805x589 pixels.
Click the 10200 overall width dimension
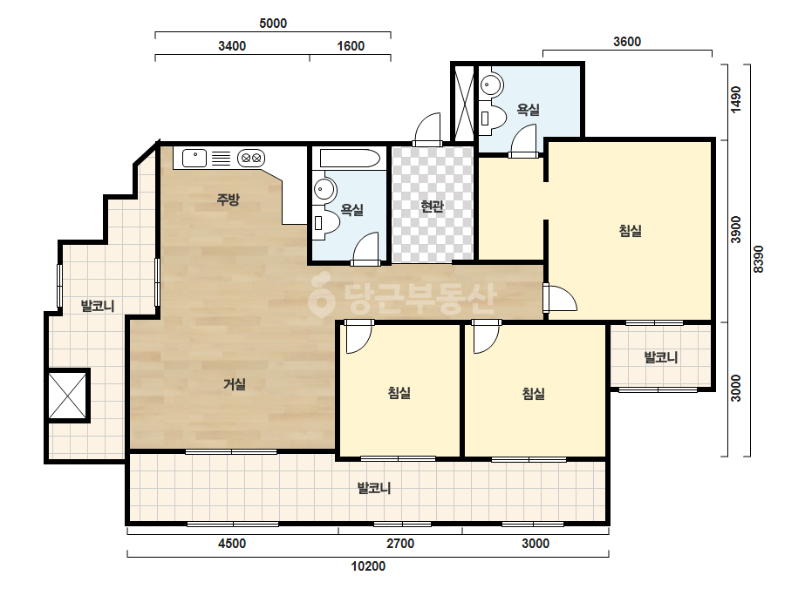click(368, 566)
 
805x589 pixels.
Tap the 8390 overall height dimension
click(759, 260)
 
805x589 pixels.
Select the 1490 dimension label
click(736, 99)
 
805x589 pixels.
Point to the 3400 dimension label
click(232, 46)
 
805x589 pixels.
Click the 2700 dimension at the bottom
click(400, 544)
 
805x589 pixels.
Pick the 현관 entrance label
click(432, 206)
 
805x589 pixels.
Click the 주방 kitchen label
click(228, 199)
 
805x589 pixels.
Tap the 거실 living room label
click(234, 383)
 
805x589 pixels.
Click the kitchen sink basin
click(194, 158)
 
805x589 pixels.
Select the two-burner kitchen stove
click(251, 158)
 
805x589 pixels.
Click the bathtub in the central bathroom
click(350, 159)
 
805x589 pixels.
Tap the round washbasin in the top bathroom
click(491, 85)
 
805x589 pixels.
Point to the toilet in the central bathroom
click(326, 221)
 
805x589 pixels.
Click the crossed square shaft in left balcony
click(68, 395)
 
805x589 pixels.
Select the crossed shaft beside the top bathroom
click(464, 103)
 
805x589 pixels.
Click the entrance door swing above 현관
click(428, 129)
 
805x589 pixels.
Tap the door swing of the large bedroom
click(561, 298)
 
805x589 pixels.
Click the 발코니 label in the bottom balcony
click(374, 488)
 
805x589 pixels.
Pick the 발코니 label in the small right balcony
click(661, 357)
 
